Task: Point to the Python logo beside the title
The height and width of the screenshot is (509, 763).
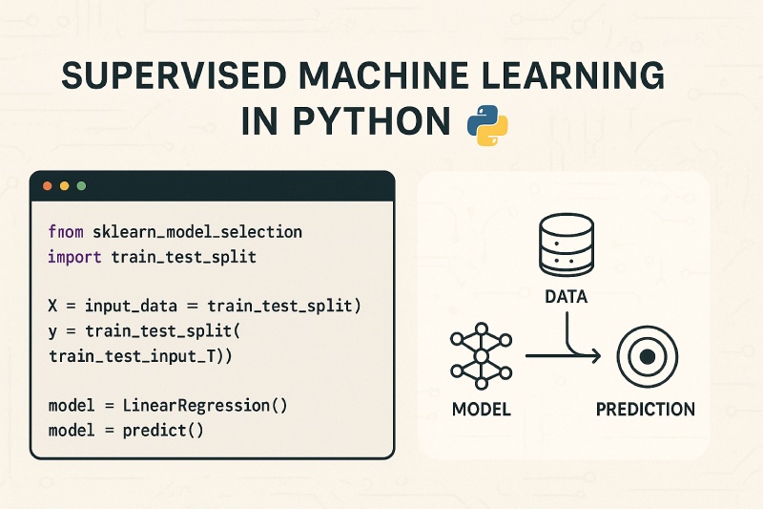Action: coord(485,125)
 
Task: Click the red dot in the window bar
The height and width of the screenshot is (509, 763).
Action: coord(48,184)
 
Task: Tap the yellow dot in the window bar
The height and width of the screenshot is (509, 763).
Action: coord(65,184)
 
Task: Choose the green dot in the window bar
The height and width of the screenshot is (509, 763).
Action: coord(81,184)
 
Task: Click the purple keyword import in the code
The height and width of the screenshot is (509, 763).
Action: coord(75,257)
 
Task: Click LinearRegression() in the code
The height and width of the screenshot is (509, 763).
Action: coord(204,405)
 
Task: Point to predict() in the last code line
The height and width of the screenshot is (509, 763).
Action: coord(163,430)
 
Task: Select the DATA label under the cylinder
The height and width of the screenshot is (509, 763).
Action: coord(566,297)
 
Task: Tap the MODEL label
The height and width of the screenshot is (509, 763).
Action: coord(479,410)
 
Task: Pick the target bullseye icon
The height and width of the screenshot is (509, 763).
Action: coord(645,357)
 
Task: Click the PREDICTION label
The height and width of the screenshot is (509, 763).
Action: coord(645,410)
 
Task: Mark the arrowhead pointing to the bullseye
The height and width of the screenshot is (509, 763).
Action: coord(595,357)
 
